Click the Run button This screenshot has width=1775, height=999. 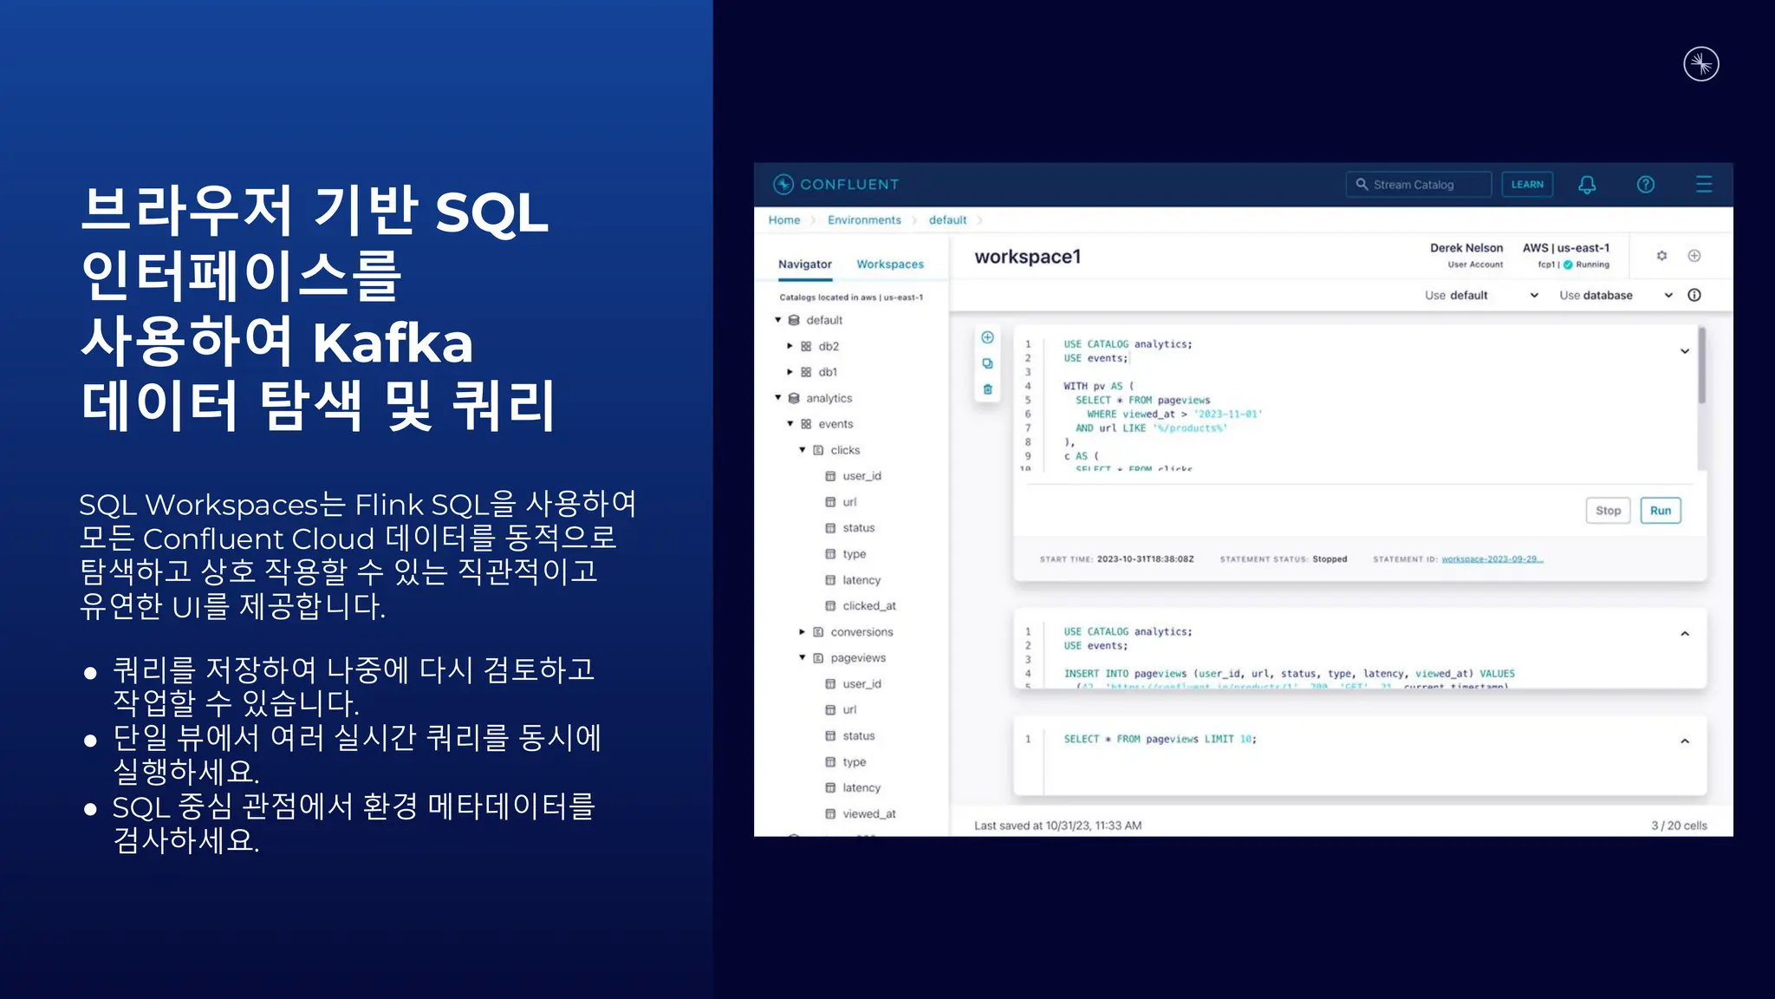coord(1660,511)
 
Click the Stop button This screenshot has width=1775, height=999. coord(1608,511)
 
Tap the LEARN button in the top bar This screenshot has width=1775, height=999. coord(1527,185)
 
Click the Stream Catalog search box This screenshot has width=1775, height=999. coord(1418,185)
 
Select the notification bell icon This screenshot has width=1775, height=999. coord(1587,185)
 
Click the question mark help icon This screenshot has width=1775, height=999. coord(1645,185)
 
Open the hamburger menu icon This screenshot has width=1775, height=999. coord(1703,185)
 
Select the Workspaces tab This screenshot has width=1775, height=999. coord(890,264)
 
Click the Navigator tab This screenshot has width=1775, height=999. coord(804,264)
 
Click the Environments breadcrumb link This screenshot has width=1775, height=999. coord(864,220)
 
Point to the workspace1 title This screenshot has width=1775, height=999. coord(1027,257)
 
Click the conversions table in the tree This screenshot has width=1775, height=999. coord(861,632)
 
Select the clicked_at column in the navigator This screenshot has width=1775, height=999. coord(868,606)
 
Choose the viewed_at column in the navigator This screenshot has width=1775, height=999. coord(868,814)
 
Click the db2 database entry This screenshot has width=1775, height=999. coord(828,346)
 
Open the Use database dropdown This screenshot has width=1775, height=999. coord(1615,296)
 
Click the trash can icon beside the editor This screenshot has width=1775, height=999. coord(987,389)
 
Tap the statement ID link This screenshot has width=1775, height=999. coord(1492,559)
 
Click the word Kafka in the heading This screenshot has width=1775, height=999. coord(393,343)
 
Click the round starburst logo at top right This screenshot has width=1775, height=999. coord(1700,64)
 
